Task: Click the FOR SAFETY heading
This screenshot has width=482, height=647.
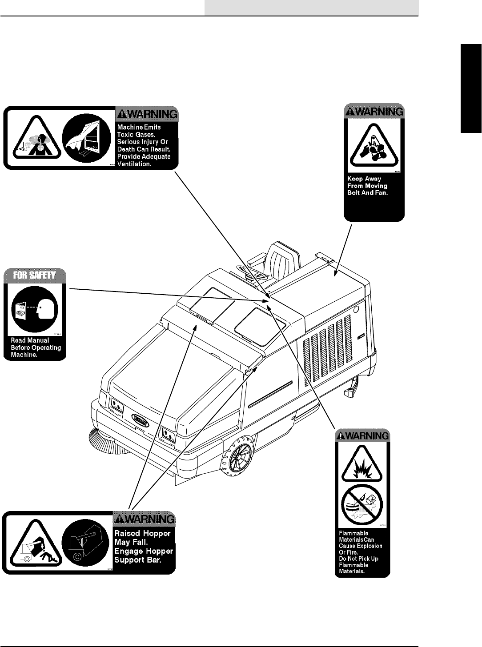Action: [35, 275]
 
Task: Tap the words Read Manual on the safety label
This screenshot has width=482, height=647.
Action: [30, 340]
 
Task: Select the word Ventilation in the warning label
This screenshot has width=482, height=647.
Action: [134, 164]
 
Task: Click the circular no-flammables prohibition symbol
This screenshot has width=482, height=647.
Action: [362, 505]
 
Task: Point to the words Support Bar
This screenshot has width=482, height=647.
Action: [138, 560]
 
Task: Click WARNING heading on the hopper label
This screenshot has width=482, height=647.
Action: [145, 519]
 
